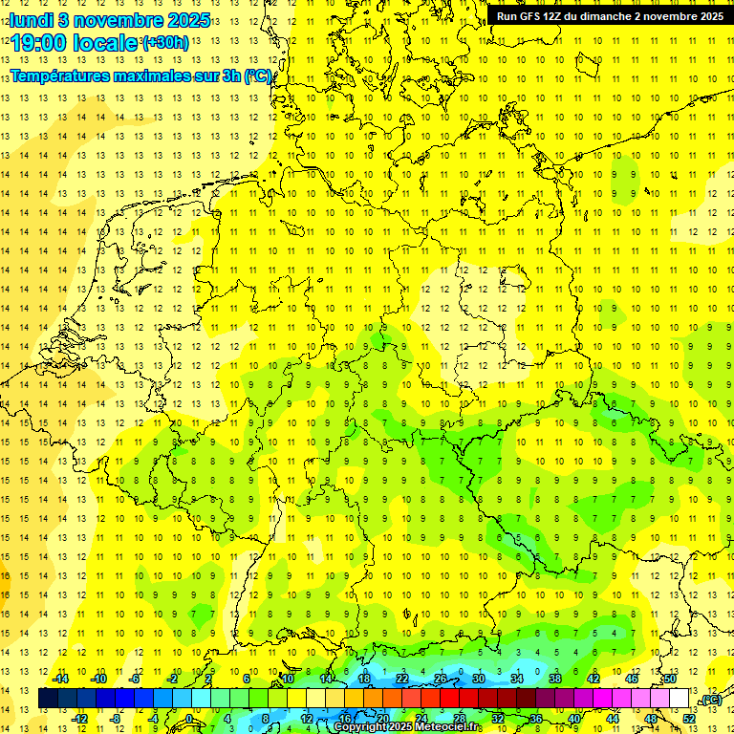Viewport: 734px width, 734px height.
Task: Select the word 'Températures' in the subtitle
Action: point(60,76)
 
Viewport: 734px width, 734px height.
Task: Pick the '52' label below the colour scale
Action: point(689,719)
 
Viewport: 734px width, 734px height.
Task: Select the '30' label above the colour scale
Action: point(479,679)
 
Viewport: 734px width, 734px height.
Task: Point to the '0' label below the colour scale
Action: point(189,719)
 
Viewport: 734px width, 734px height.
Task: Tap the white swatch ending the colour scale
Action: point(680,699)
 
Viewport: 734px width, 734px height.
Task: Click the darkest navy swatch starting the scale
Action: point(48,699)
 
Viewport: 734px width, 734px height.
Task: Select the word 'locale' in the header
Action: point(108,43)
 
